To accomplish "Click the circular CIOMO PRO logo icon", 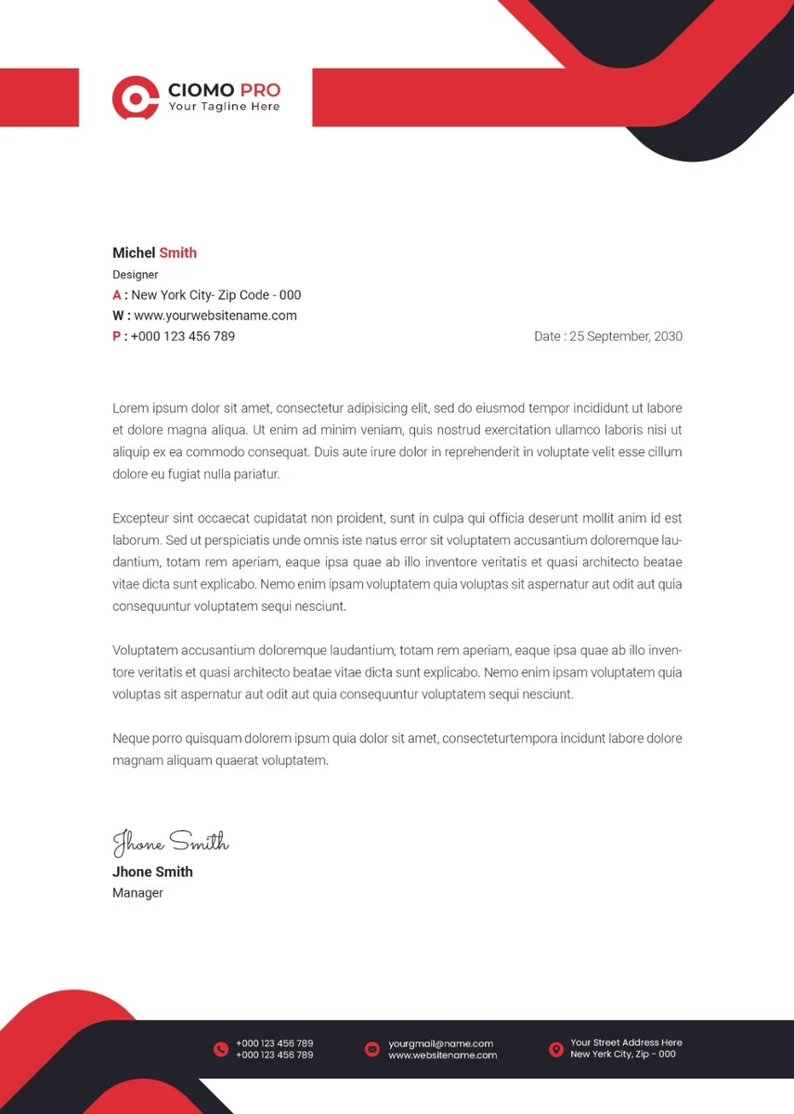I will (x=136, y=97).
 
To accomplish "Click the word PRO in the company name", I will (x=260, y=90).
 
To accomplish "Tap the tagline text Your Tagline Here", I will (x=224, y=107).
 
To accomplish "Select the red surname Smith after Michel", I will (x=177, y=253).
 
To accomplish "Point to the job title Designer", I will (x=136, y=275).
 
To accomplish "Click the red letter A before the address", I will (x=117, y=295).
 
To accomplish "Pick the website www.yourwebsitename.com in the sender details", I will (x=215, y=316).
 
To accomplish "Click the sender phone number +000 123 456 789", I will (x=183, y=336).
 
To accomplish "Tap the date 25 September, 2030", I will (x=626, y=336).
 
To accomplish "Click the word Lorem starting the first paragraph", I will (x=131, y=408).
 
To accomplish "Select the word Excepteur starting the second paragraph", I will (x=140, y=518).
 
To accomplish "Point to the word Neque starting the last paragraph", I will (x=131, y=738).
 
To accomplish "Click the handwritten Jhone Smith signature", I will (x=170, y=842).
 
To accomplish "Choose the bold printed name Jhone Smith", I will (x=152, y=872).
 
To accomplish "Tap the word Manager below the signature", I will (x=137, y=893).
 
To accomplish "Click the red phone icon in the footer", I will (x=221, y=1049).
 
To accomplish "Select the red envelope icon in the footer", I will (x=372, y=1049).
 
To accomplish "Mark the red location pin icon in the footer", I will (x=556, y=1049).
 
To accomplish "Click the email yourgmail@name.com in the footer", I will (x=441, y=1043).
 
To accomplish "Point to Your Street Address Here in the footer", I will (x=626, y=1043).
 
